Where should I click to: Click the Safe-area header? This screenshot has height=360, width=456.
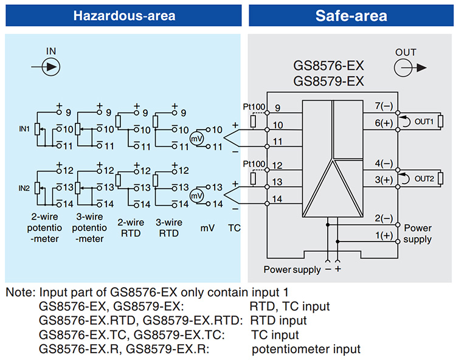[351, 15]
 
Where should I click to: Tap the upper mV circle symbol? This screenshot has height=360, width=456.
[196, 139]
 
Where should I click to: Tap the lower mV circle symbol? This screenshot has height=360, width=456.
[196, 196]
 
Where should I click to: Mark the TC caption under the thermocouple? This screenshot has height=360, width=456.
[234, 230]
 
